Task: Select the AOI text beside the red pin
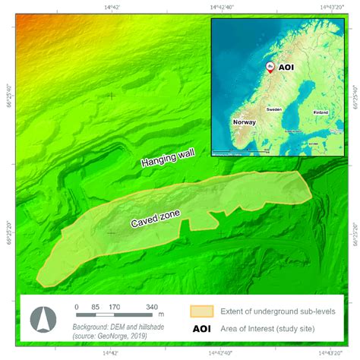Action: click(286, 68)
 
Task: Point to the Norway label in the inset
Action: click(245, 122)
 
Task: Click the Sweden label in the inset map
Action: click(273, 109)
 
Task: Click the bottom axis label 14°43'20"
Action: click(333, 353)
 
